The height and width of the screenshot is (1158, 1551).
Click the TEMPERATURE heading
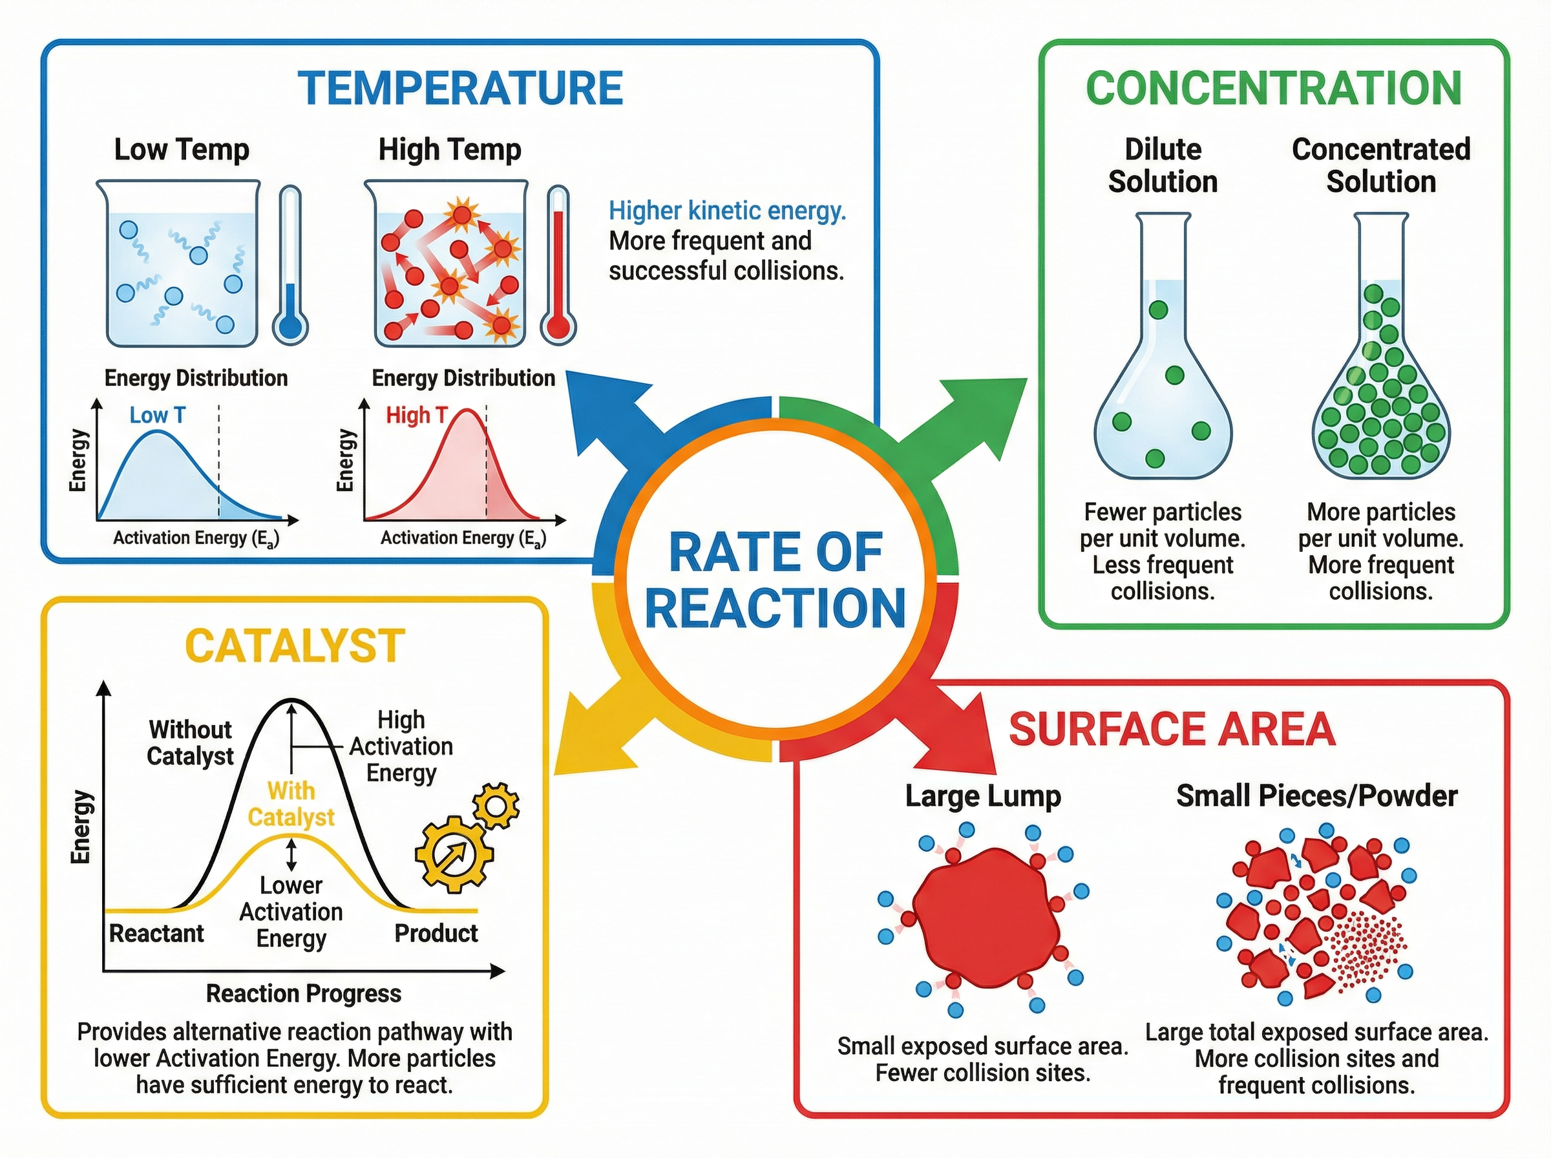[461, 89]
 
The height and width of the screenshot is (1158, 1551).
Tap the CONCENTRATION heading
[1274, 89]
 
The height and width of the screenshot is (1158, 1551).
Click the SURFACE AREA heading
[1172, 729]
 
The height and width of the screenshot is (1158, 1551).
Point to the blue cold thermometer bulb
[290, 326]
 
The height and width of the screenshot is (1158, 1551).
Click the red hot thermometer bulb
[558, 326]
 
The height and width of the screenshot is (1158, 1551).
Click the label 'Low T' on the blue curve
[158, 415]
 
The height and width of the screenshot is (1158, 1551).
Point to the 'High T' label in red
[416, 415]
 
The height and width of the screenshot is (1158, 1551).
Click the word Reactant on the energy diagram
[156, 933]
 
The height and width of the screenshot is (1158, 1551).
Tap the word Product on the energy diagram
[436, 933]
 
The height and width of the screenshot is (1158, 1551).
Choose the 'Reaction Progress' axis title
[304, 993]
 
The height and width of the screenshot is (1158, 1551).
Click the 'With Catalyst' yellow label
[291, 804]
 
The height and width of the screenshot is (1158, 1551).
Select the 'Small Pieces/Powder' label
[1317, 795]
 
